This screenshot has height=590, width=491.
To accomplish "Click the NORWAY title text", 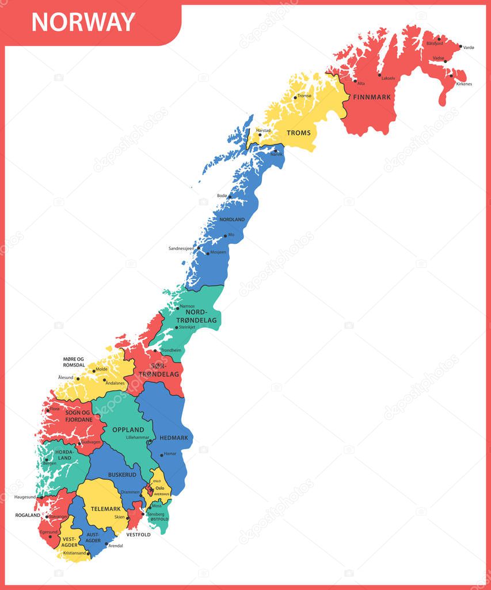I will pyautogui.click(x=83, y=22).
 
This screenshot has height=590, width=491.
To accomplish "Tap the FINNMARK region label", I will pyautogui.click(x=372, y=97).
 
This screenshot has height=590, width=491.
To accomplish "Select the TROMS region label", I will pyautogui.click(x=299, y=133).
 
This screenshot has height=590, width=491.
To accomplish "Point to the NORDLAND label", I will pyautogui.click(x=232, y=220).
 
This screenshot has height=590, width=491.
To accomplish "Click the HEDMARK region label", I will pyautogui.click(x=174, y=438).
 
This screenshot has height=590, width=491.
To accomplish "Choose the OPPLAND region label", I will pyautogui.click(x=128, y=430).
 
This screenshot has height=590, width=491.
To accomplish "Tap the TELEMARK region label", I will pyautogui.click(x=105, y=509).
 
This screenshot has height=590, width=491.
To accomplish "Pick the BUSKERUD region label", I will pyautogui.click(x=122, y=475).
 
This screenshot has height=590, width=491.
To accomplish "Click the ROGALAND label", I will pyautogui.click(x=28, y=515).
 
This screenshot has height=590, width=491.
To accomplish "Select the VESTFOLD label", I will pyautogui.click(x=138, y=535).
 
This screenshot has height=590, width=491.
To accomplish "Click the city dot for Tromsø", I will pyautogui.click(x=295, y=97).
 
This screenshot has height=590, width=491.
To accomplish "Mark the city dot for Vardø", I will pyautogui.click(x=460, y=46).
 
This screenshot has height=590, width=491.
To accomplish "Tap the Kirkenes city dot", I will pyautogui.click(x=451, y=75).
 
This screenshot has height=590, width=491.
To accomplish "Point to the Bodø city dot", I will pyautogui.click(x=230, y=197).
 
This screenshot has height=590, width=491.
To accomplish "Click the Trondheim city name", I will pyautogui.click(x=171, y=350).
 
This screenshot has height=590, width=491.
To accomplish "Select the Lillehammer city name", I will pyautogui.click(x=138, y=438).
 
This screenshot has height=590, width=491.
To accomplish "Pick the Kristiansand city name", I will pyautogui.click(x=74, y=553).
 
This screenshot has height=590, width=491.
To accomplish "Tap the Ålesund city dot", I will pyautogui.click(x=78, y=379).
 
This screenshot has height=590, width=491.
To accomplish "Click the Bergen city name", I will pyautogui.click(x=51, y=463).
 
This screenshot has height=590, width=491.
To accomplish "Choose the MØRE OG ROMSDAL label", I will pyautogui.click(x=74, y=362).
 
